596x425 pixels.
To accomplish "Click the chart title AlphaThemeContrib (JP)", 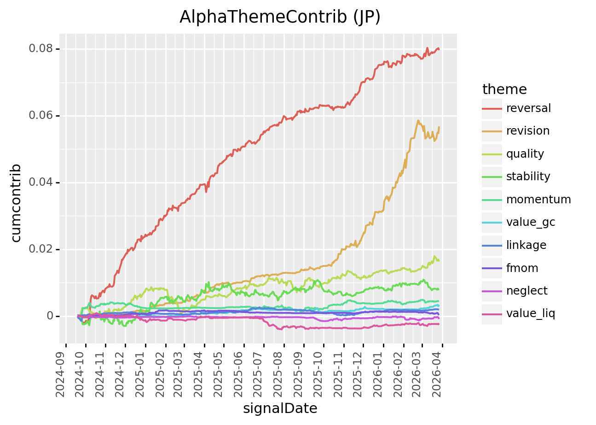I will coord(280,17).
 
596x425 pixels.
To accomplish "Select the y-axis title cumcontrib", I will coord(16,203).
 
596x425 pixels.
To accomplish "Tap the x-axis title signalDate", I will coord(280,408).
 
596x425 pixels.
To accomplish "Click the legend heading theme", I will coord(504,89).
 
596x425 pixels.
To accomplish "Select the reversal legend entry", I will coord(528,108).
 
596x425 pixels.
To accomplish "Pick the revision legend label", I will coord(528,131).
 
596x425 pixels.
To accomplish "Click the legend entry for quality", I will coord(525,154).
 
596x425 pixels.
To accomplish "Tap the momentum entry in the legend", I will coord(538,200).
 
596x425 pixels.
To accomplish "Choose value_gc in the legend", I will coord(531,222).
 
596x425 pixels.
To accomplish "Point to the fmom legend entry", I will coord(522,268).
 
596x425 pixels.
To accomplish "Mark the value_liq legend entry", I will coord(531,314).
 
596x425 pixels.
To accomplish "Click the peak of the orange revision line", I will coord(418,120).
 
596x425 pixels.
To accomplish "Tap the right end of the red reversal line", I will coord(439,49).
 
